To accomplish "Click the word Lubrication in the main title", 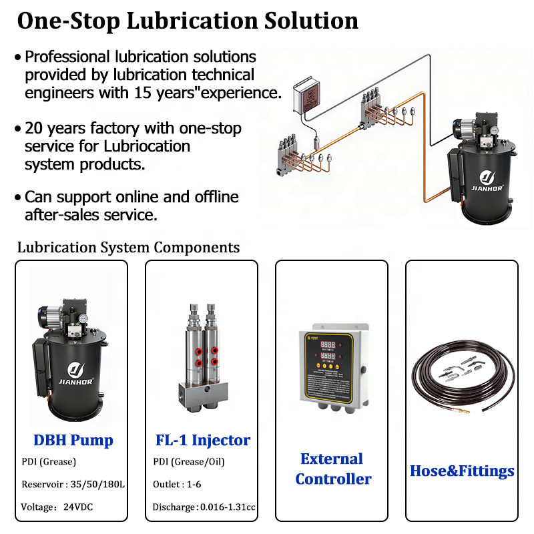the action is pos(192,21).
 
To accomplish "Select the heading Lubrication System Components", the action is pos(128,248).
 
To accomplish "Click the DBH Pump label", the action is pos(73,440).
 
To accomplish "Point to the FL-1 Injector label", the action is pos(203,440).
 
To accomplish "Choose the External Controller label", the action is pos(333,469).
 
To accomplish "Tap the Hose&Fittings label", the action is pos(462,471).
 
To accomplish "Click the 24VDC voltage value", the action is pos(78,507).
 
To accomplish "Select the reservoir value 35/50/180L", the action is pos(97,485).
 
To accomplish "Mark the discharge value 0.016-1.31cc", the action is pos(228,507).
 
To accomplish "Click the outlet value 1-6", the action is pos(194,485).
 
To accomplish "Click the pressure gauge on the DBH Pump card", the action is pos(82,318).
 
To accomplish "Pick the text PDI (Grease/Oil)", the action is pos(189,462).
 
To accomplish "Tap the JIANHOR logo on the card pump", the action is pos(75,374).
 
